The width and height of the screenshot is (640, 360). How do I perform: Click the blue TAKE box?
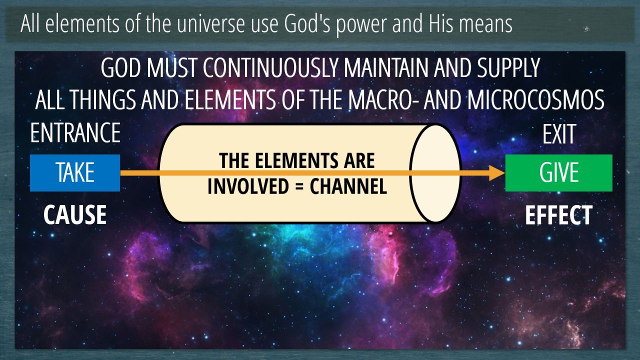(x=75, y=173)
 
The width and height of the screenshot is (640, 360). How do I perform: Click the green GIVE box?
(x=559, y=173)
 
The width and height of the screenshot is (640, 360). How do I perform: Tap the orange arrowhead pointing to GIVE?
(x=497, y=173)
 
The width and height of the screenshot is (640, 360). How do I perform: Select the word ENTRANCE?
(x=75, y=132)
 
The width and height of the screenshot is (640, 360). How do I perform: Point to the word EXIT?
(x=559, y=134)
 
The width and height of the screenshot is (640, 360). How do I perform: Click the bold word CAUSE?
(x=75, y=214)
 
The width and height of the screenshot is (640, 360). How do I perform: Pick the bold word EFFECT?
(x=559, y=215)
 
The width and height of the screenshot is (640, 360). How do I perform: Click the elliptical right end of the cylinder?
(x=435, y=173)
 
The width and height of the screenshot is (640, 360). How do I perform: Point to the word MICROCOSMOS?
(x=535, y=99)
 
